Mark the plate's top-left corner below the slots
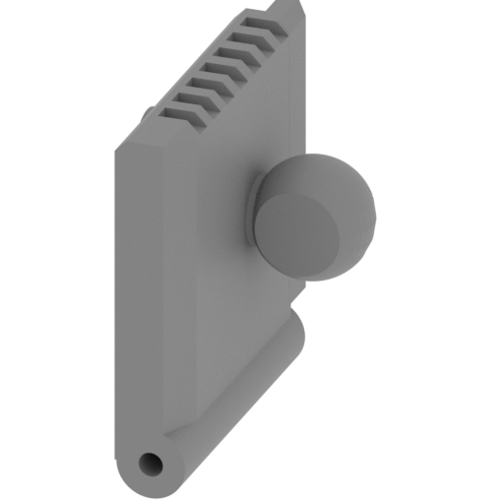coord(114,144)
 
